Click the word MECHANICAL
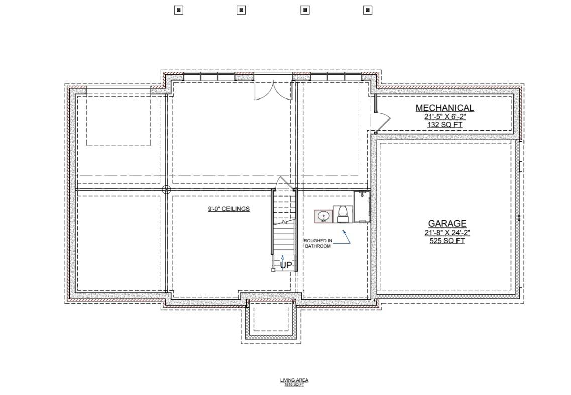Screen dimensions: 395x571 444,108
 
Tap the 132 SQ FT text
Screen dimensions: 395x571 444,125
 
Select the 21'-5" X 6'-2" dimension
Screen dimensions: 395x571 444,117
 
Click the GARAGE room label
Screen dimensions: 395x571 447,224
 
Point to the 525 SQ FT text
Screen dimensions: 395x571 447,241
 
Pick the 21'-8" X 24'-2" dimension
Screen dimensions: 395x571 447,233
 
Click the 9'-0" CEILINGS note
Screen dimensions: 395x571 229,209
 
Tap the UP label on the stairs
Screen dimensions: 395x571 286,265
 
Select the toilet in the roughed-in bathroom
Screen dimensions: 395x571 342,214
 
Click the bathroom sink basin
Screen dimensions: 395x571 324,216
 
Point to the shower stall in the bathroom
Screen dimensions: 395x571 362,207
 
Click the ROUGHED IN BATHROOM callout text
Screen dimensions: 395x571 317,243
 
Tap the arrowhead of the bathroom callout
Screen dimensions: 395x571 344,231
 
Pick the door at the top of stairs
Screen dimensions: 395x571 284,183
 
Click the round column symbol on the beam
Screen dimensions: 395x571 167,190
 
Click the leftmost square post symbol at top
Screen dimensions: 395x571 178,10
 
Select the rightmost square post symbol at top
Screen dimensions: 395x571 367,10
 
